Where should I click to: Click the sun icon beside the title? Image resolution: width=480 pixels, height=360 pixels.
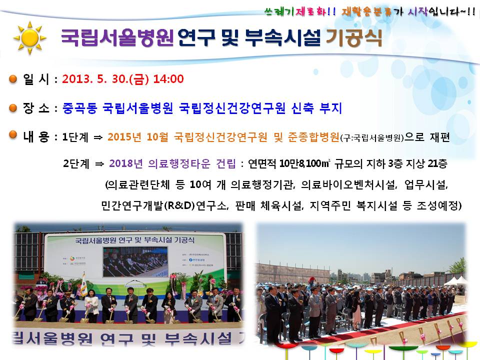pos(29,37)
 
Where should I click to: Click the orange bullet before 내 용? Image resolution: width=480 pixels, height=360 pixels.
pos(13,135)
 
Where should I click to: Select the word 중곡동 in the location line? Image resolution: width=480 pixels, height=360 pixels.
pos(79,108)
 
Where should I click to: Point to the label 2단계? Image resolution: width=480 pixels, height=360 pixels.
pos(75,163)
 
